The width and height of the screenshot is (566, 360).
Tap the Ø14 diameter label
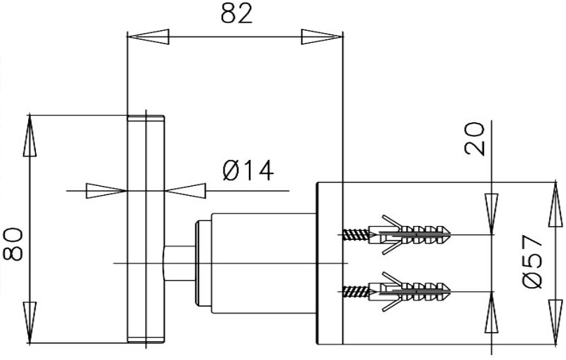click(245, 171)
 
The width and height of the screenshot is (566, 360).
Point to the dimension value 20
click(475, 139)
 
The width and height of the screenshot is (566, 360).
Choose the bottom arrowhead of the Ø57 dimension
click(553, 326)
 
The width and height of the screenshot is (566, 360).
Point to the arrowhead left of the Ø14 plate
click(106, 190)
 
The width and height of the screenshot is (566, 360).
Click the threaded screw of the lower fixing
click(358, 288)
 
